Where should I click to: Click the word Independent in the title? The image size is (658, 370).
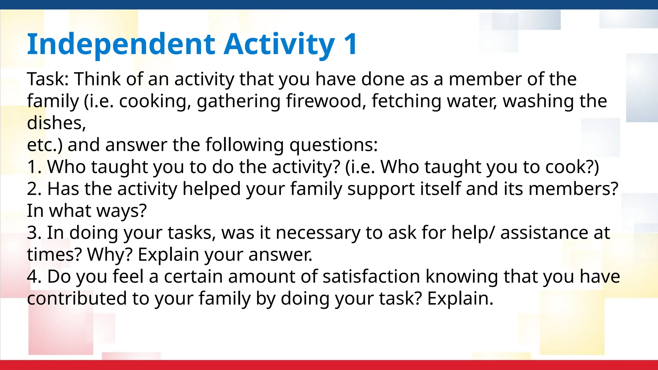click(121, 44)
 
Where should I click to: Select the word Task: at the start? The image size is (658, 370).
click(48, 79)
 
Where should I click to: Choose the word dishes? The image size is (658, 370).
click(57, 123)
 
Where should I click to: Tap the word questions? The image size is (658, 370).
click(333, 145)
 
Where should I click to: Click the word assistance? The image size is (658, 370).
click(544, 233)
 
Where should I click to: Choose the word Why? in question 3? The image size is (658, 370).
click(110, 255)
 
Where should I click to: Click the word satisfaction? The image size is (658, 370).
click(371, 277)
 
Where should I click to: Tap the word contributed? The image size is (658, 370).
click(77, 298)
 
